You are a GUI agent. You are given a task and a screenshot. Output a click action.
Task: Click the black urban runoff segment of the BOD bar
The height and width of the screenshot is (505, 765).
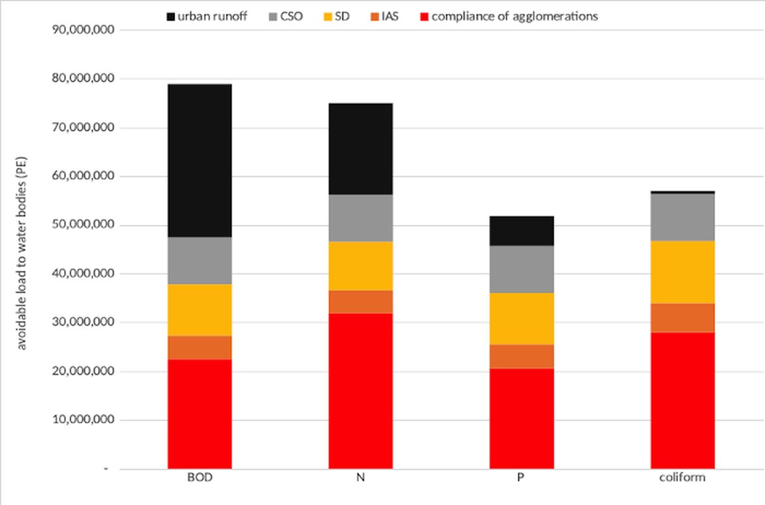[x=199, y=160]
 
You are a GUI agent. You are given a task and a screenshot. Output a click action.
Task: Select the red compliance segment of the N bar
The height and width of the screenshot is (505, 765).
[x=360, y=391]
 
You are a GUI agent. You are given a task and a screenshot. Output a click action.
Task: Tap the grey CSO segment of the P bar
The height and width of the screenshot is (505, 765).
[x=521, y=269]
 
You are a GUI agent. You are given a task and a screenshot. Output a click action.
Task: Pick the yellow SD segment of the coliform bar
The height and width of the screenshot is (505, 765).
[x=682, y=272]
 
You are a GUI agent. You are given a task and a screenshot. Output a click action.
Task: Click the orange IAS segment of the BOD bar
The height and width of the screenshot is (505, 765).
[x=199, y=347]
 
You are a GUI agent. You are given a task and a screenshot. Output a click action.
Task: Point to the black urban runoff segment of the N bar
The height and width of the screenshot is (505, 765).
[x=360, y=148]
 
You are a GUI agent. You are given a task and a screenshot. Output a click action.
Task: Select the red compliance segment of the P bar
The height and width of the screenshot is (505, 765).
[x=521, y=419]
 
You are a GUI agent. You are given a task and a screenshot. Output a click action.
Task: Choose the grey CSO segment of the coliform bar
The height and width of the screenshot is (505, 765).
[x=682, y=217]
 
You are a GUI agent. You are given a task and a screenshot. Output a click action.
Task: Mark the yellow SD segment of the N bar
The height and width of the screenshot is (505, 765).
[x=360, y=266]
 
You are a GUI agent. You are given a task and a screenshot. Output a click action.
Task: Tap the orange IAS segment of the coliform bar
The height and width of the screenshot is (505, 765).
[x=682, y=318]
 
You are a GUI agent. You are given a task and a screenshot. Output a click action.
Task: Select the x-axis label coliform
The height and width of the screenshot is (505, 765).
[x=682, y=478]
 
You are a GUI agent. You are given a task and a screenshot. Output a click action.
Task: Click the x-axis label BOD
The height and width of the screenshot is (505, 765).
[x=199, y=478]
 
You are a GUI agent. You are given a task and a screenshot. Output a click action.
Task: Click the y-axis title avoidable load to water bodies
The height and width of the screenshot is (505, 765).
[x=22, y=249]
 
